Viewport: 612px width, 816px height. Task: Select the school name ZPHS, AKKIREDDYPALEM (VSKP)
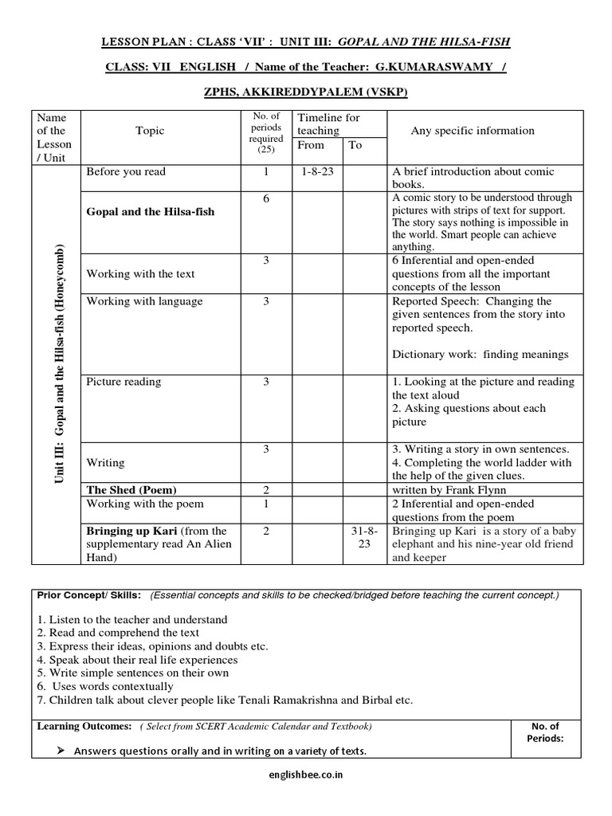click(x=306, y=92)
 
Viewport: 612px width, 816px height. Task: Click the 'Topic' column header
click(x=150, y=131)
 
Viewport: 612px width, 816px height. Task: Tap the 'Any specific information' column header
click(x=472, y=131)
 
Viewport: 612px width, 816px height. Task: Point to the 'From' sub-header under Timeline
click(x=311, y=145)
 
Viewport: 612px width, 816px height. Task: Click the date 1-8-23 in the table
click(x=318, y=171)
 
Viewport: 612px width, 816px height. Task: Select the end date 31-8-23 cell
click(x=361, y=544)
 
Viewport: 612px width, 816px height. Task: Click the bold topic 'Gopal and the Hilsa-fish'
click(x=150, y=212)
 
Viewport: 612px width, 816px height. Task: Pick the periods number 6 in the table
click(x=265, y=199)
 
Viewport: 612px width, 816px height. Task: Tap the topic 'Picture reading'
click(x=124, y=382)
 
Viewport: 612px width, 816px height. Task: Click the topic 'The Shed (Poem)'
click(x=131, y=489)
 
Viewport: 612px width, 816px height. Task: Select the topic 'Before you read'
click(x=126, y=171)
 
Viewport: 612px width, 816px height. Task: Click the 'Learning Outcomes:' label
click(x=84, y=726)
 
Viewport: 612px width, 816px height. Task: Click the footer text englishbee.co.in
click(x=306, y=795)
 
